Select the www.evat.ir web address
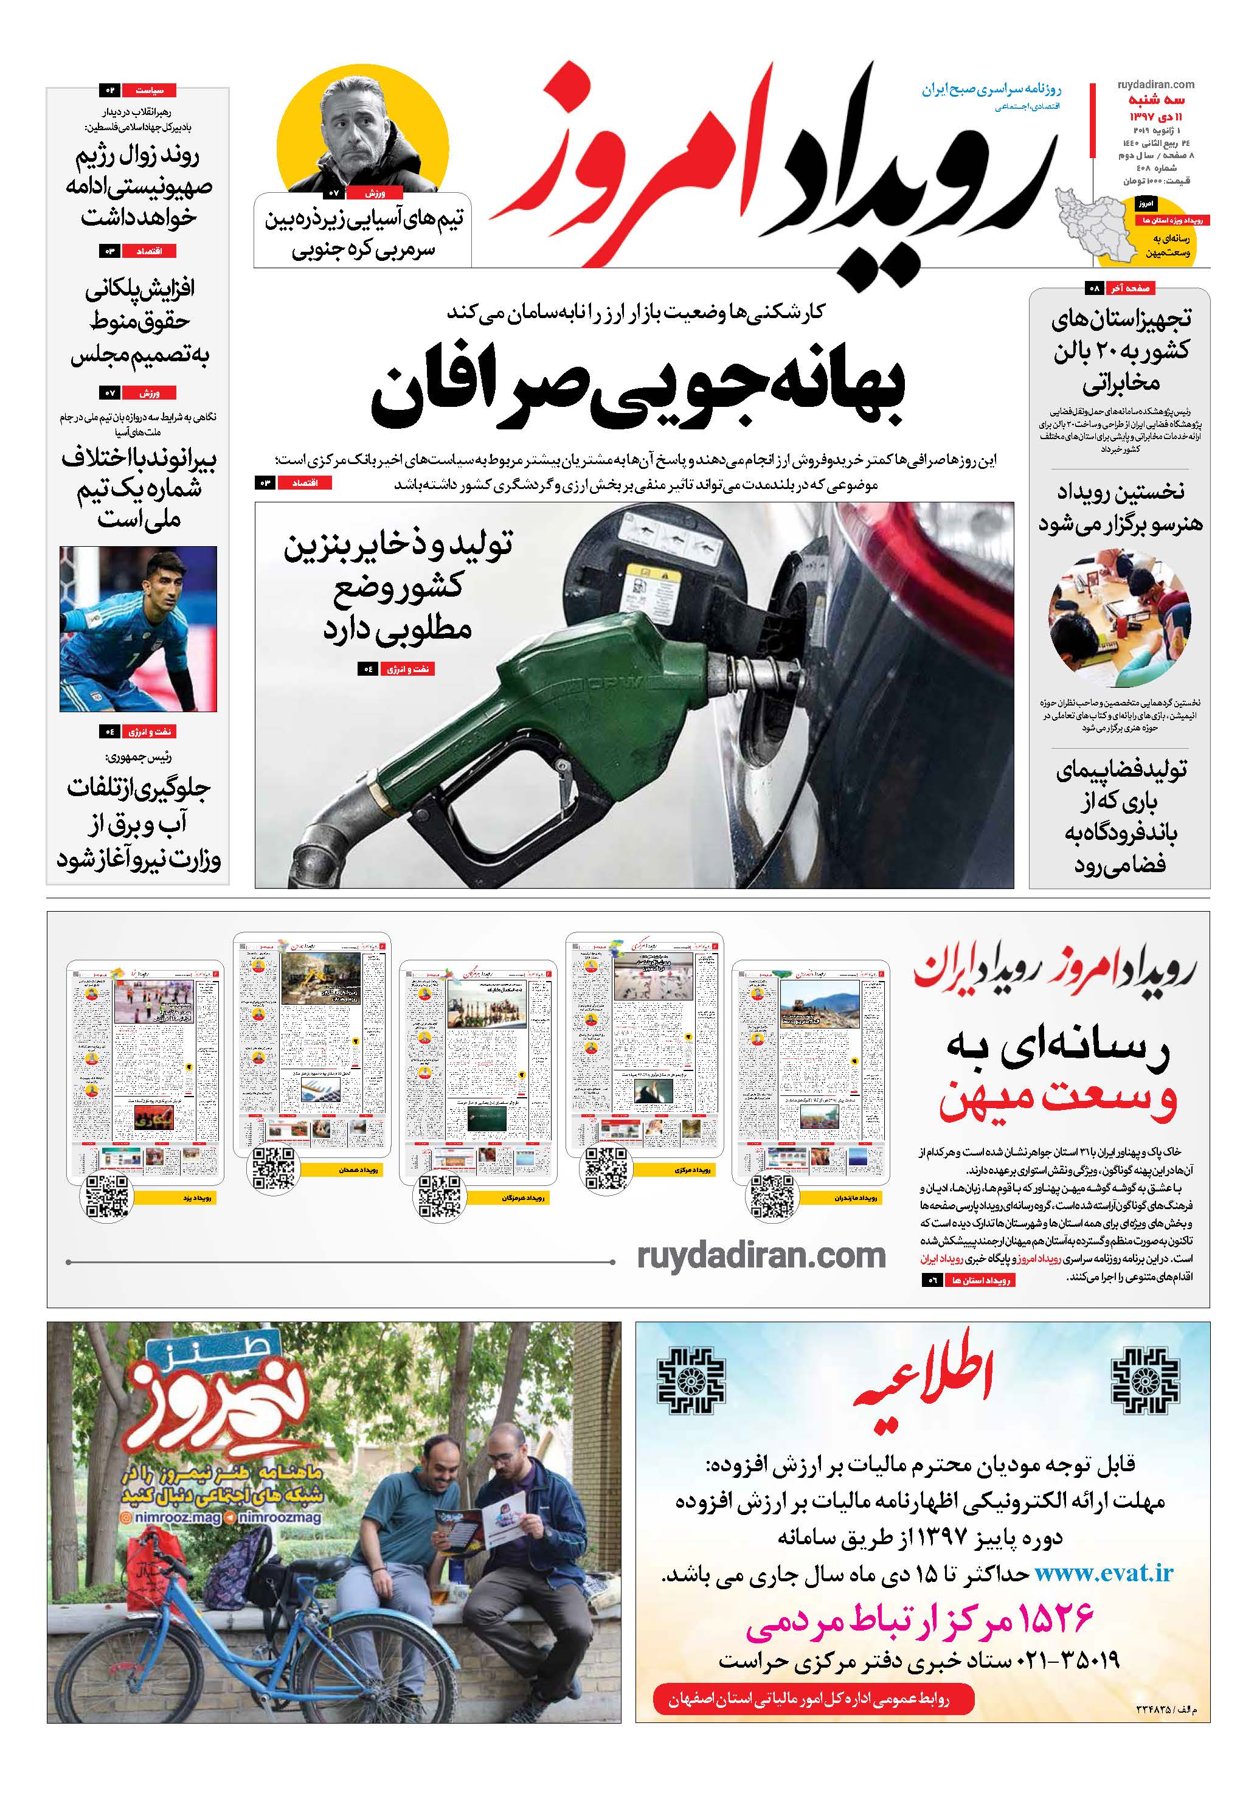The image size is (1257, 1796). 1104,1573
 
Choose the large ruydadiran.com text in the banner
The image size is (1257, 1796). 760,1257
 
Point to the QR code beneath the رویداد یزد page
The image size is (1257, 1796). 106,1197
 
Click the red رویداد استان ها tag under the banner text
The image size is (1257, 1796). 981,1280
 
